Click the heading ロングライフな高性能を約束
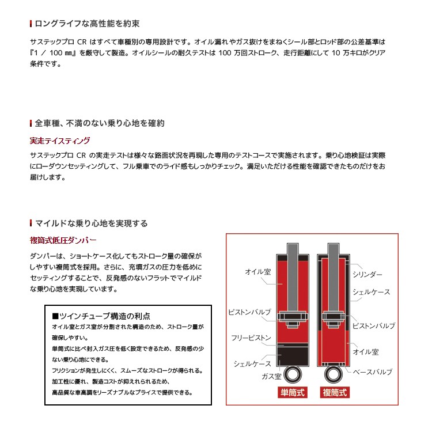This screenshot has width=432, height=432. point(87,24)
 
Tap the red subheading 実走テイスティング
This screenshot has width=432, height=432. point(59,141)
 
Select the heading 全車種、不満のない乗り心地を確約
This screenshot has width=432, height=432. point(100,123)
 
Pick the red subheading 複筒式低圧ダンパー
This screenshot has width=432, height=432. point(63,240)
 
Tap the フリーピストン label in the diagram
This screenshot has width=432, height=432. point(251,338)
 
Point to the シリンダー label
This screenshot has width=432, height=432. point(367,275)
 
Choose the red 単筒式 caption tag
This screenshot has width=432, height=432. point(292,393)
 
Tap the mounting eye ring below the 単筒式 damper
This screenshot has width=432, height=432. point(292,376)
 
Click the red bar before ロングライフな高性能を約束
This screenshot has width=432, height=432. point(31,24)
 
